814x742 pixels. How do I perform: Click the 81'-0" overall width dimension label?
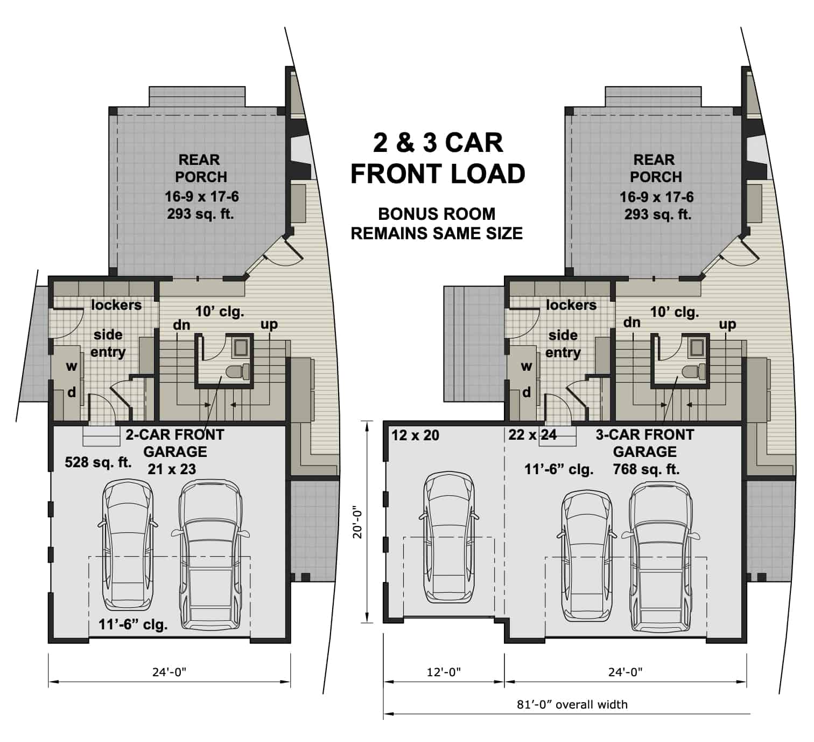(x=572, y=704)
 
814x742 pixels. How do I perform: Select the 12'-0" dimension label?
(x=444, y=671)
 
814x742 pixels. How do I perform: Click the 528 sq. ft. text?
(x=98, y=462)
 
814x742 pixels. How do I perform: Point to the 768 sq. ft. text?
(x=646, y=469)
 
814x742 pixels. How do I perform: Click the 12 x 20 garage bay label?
(x=415, y=435)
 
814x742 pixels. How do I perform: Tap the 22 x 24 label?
(x=532, y=434)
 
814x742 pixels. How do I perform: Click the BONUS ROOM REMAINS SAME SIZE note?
(x=437, y=224)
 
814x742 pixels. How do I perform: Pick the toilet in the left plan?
(x=237, y=371)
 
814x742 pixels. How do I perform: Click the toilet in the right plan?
(x=692, y=371)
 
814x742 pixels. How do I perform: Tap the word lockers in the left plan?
(x=116, y=305)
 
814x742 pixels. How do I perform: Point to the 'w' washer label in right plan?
(x=527, y=366)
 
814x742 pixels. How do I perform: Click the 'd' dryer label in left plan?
(x=71, y=392)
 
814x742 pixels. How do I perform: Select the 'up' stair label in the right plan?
(x=727, y=324)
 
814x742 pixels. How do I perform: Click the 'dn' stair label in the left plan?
(x=181, y=325)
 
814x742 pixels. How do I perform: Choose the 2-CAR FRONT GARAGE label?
(x=175, y=443)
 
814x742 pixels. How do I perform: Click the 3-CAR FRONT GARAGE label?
(x=645, y=443)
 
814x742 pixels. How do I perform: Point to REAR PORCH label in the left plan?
(x=200, y=168)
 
